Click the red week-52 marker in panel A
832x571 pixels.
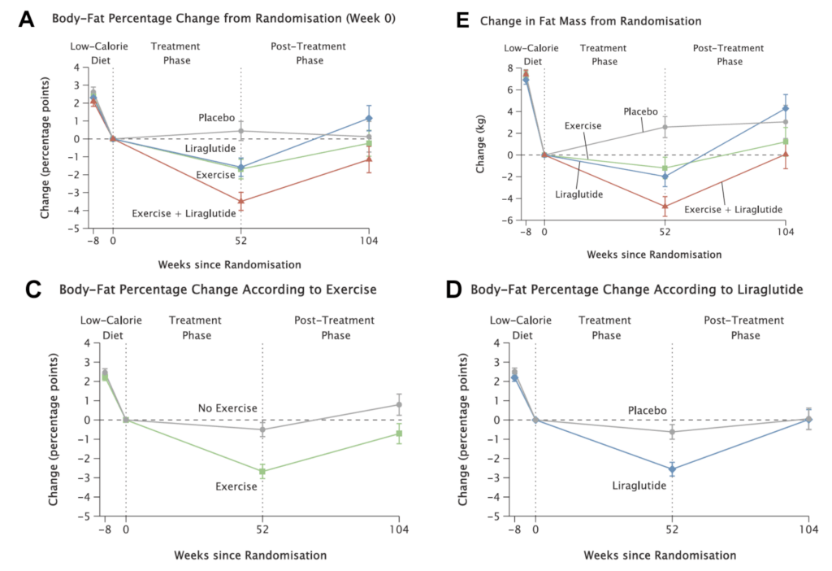pyautogui.click(x=241, y=201)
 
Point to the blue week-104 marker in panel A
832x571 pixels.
pyautogui.click(x=369, y=118)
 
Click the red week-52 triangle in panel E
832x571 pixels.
pyautogui.click(x=665, y=206)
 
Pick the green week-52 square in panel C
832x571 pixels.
pyautogui.click(x=262, y=471)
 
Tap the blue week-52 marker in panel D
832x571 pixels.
pyautogui.click(x=672, y=469)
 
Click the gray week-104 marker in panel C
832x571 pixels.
pyautogui.click(x=399, y=404)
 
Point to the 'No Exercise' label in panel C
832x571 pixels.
pyautogui.click(x=227, y=407)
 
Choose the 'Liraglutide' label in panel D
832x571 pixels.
pyautogui.click(x=639, y=486)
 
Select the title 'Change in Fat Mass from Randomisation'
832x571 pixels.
pyautogui.click(x=579, y=20)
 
